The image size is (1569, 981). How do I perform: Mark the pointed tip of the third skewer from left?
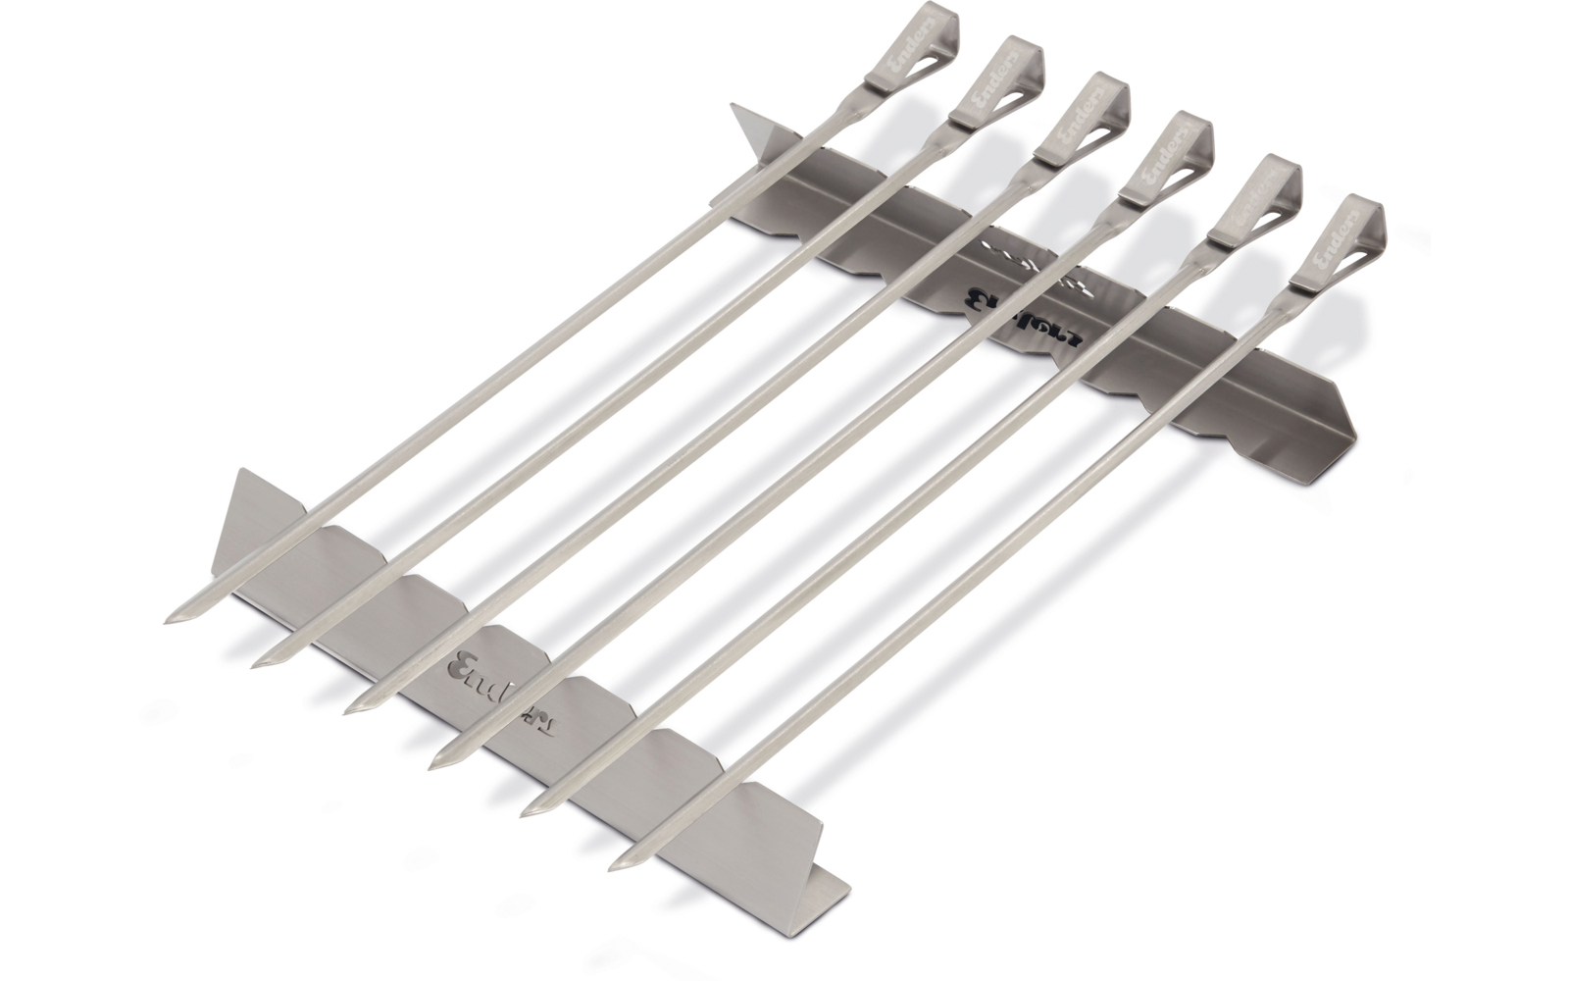(x=352, y=708)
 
